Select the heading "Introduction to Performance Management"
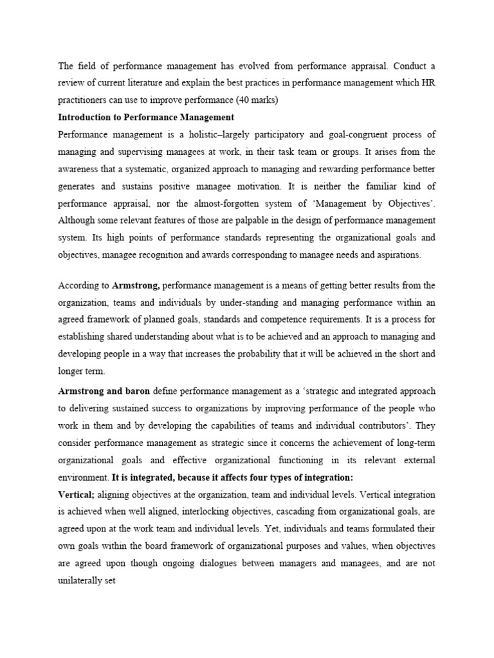(x=146, y=117)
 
